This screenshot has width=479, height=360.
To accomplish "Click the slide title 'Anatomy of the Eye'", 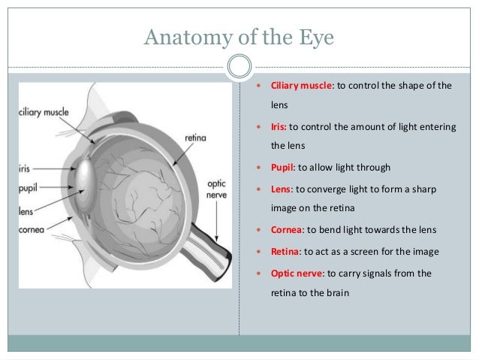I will [239, 35].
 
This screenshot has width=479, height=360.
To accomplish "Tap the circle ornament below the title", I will [239, 67].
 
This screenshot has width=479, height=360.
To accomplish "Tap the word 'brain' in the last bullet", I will [334, 294].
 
